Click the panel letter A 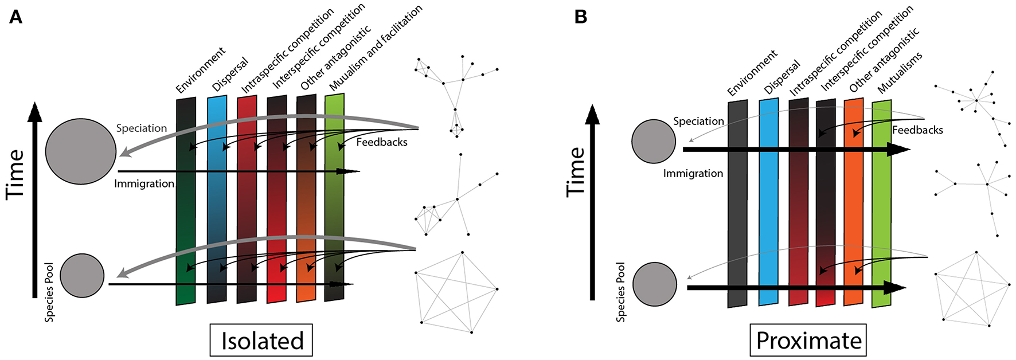point(15,17)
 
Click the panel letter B point(580,17)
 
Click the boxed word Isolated point(261,341)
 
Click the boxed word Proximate point(808,341)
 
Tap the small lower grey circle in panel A point(82,276)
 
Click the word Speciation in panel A point(142,128)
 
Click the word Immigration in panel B point(693,173)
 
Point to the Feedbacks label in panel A point(382,142)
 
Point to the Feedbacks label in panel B point(917,130)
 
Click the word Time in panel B point(576,172)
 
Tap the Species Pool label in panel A point(49,292)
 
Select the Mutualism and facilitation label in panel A point(376,48)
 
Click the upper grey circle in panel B point(653,141)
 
